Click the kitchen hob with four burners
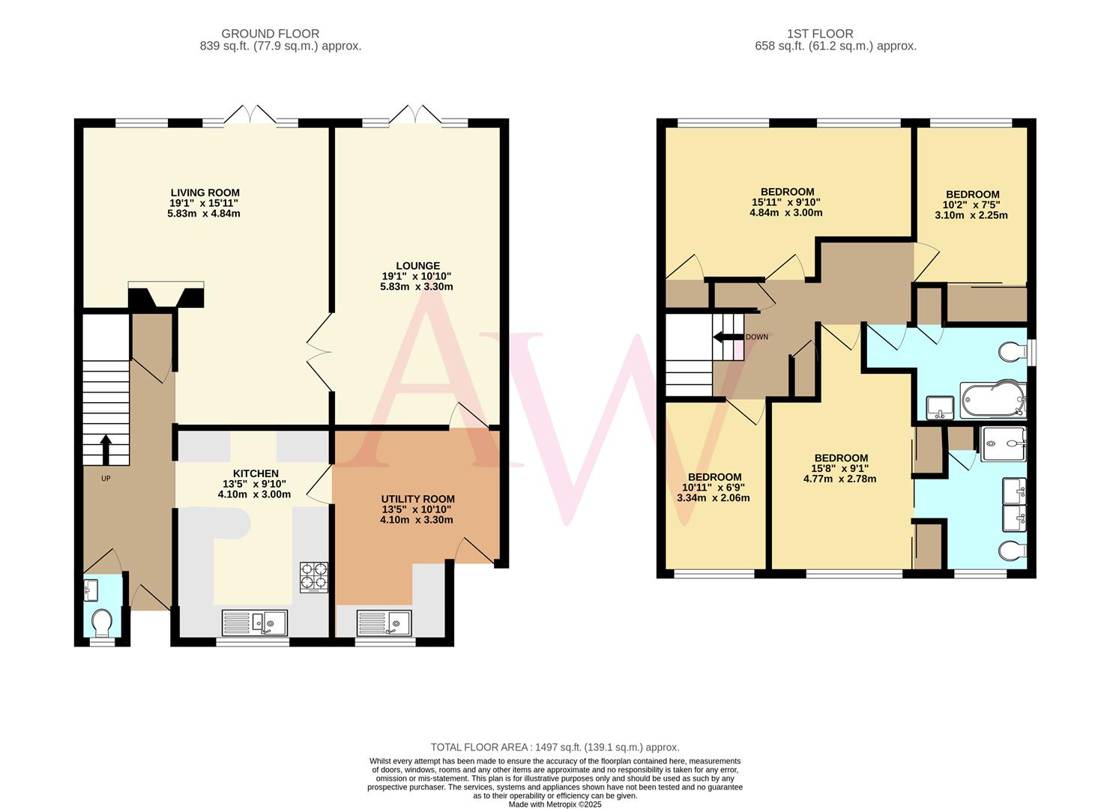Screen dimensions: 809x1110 (314, 577)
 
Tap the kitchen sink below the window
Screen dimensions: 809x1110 (256, 623)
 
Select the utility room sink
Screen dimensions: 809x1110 (384, 623)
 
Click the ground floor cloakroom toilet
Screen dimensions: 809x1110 (101, 621)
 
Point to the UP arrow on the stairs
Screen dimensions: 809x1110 (106, 449)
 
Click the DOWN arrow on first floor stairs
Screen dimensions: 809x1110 (726, 336)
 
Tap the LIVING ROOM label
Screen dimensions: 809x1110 (204, 193)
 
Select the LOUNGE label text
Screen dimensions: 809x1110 (417, 265)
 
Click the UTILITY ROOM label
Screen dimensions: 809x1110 (417, 499)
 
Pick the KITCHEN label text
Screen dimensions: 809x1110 (256, 473)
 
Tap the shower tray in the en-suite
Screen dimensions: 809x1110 (1003, 444)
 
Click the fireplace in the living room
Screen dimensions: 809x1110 (166, 295)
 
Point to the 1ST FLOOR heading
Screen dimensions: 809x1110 (820, 34)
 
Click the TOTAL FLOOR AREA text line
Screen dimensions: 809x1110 (555, 747)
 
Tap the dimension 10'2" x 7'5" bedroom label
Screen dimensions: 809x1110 (971, 204)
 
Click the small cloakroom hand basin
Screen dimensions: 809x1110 (91, 590)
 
